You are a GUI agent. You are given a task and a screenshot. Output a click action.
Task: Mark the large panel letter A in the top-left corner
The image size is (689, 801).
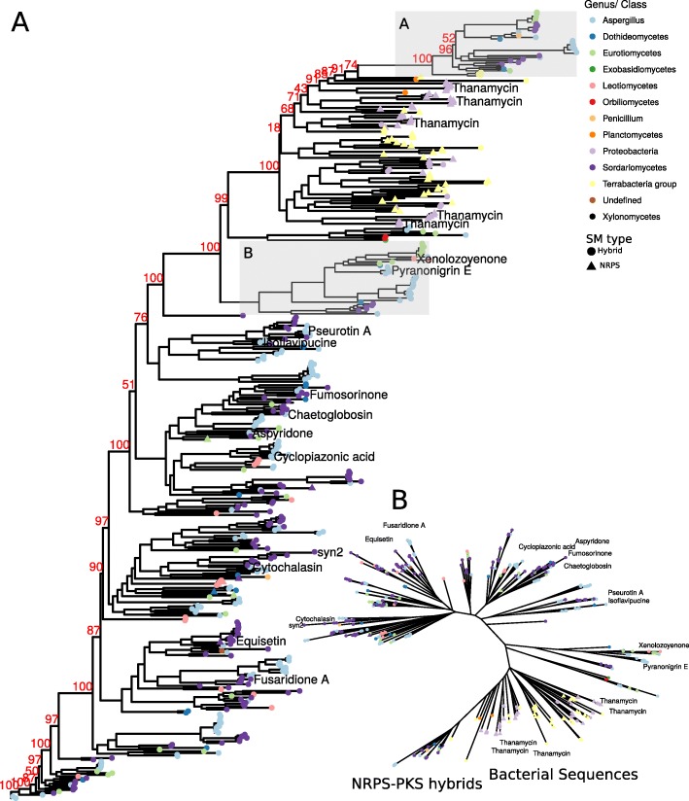click(x=22, y=23)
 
